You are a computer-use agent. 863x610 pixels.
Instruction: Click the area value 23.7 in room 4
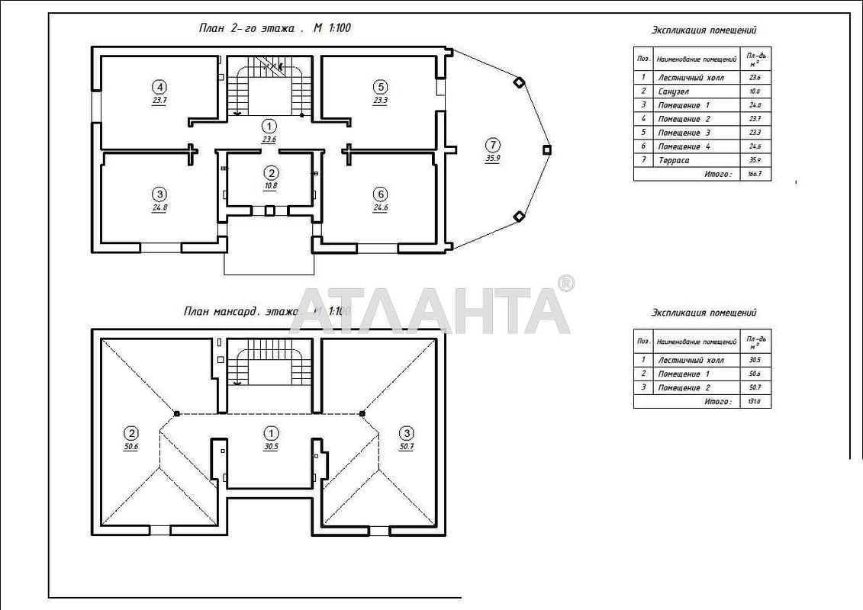pyautogui.click(x=159, y=99)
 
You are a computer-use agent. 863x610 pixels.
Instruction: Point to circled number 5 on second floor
pyautogui.click(x=380, y=86)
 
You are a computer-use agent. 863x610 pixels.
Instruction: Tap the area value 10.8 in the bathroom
pyautogui.click(x=269, y=185)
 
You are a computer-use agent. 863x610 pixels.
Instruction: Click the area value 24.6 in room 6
pyautogui.click(x=380, y=207)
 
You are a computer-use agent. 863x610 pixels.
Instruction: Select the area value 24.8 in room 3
pyautogui.click(x=159, y=207)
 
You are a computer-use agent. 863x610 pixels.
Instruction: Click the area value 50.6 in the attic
pyautogui.click(x=130, y=447)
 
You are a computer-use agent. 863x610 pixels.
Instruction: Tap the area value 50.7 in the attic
pyautogui.click(x=405, y=447)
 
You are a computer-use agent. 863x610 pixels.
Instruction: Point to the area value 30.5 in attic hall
pyautogui.click(x=271, y=447)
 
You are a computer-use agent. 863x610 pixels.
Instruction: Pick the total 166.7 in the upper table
pyautogui.click(x=755, y=175)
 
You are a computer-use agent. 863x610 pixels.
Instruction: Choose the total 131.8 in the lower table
pyautogui.click(x=755, y=401)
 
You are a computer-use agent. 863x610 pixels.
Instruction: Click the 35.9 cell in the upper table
pyautogui.click(x=755, y=160)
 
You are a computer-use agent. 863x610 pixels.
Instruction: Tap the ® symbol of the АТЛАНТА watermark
pyautogui.click(x=565, y=284)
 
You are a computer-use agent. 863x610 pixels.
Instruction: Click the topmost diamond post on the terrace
pyautogui.click(x=519, y=82)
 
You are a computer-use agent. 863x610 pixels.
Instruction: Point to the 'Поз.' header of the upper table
pyautogui.click(x=643, y=58)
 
